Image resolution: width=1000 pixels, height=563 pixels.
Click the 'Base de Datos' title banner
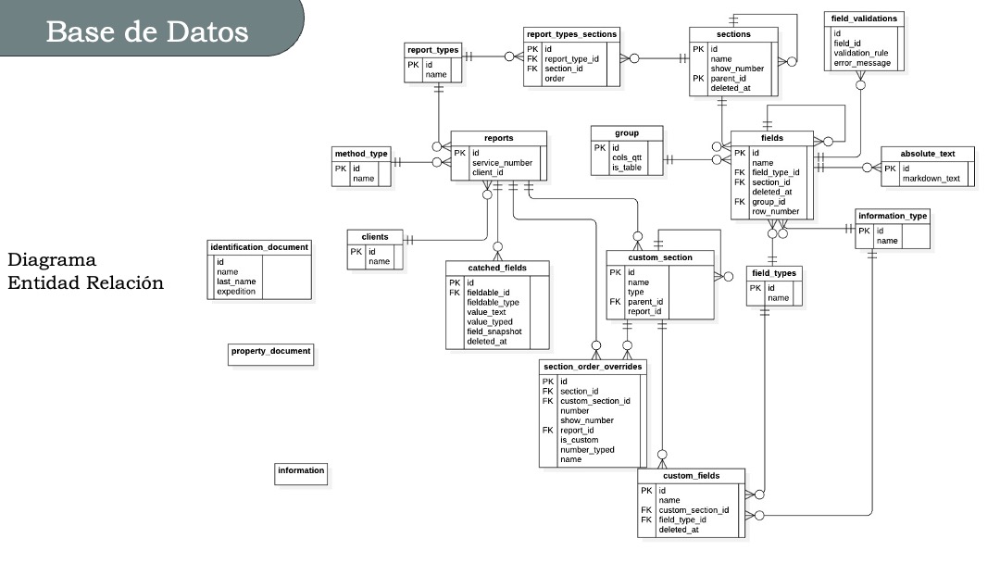tap(148, 31)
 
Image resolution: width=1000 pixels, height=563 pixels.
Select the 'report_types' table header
tap(431, 50)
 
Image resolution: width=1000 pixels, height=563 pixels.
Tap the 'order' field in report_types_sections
tap(554, 79)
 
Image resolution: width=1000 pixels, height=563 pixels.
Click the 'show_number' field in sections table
tap(737, 69)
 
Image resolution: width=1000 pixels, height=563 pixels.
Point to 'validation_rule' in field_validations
tap(861, 53)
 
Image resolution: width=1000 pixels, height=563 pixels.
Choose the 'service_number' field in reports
tap(502, 162)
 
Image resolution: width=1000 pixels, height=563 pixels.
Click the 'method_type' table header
tap(360, 154)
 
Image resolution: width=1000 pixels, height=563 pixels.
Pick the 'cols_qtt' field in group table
tap(627, 157)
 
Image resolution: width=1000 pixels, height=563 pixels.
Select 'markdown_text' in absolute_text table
tap(931, 179)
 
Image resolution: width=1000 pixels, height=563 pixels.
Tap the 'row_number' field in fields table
tap(775, 211)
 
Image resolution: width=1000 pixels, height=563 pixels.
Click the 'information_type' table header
tap(893, 216)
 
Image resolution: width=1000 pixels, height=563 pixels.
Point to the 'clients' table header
tap(376, 237)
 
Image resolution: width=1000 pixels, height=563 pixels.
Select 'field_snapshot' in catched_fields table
tap(494, 332)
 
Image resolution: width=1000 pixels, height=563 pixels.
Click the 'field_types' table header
tap(773, 273)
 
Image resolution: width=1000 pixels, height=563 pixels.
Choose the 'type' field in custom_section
tap(635, 292)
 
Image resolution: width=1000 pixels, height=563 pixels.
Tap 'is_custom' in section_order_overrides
tap(581, 440)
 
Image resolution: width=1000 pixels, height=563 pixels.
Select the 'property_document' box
tap(270, 352)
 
